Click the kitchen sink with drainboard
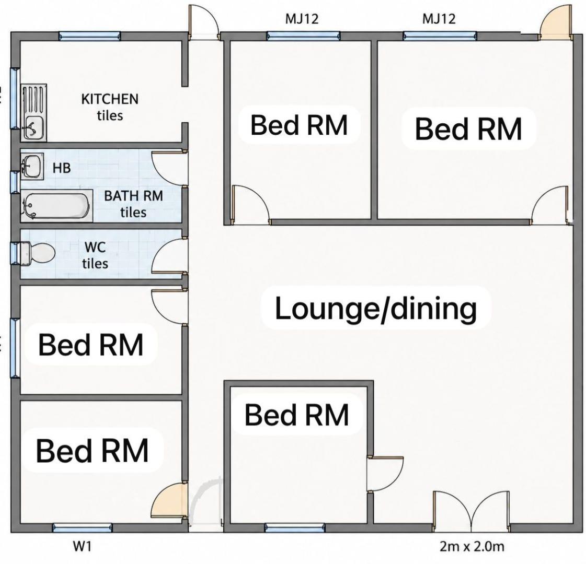[x=33, y=112]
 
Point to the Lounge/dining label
[x=375, y=308]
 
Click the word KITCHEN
[x=110, y=99]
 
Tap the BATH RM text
[x=133, y=196]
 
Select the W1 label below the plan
[x=82, y=547]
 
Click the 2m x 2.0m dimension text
[x=472, y=547]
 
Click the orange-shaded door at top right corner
[x=556, y=23]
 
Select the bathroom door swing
[x=169, y=168]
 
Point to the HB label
[x=62, y=168]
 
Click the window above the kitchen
[x=90, y=36]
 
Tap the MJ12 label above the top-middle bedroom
[x=302, y=19]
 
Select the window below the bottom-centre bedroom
[x=294, y=527]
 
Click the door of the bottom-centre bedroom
[x=385, y=473]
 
